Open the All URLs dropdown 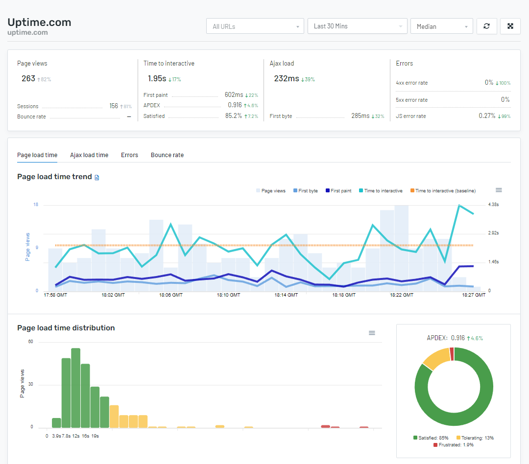click(x=255, y=26)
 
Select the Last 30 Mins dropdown click(x=357, y=26)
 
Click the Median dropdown click(x=441, y=26)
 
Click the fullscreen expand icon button click(x=510, y=26)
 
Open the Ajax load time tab click(x=89, y=155)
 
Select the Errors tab click(x=129, y=155)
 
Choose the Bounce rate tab click(x=167, y=155)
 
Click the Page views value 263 click(x=28, y=78)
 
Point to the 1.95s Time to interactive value click(x=157, y=78)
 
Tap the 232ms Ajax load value click(x=286, y=78)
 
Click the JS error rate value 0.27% click(x=486, y=116)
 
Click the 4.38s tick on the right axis click(x=493, y=205)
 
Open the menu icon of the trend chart click(x=499, y=190)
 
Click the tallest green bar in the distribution click(x=75, y=388)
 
